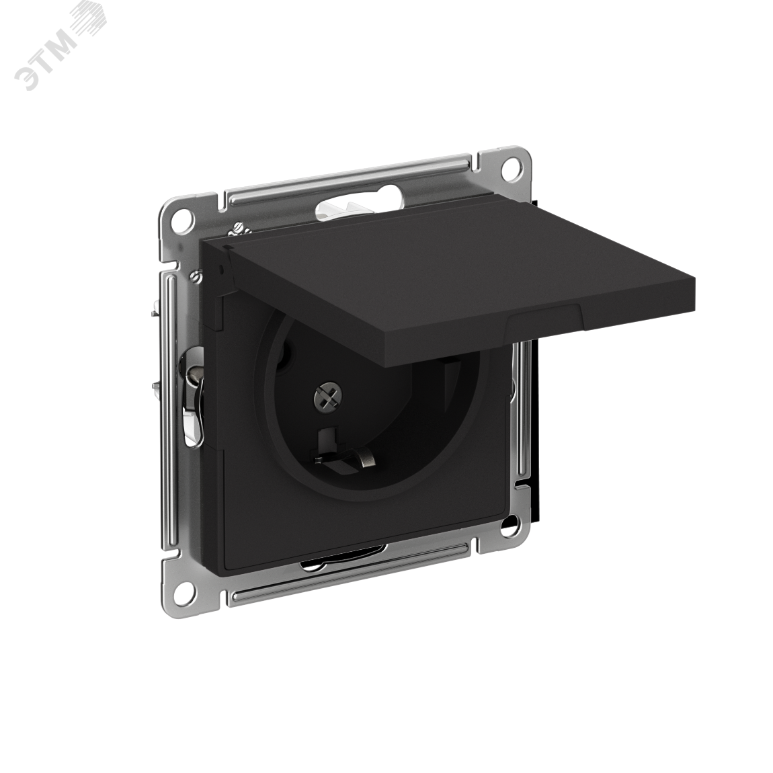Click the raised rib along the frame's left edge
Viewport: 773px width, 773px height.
pos(169,403)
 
